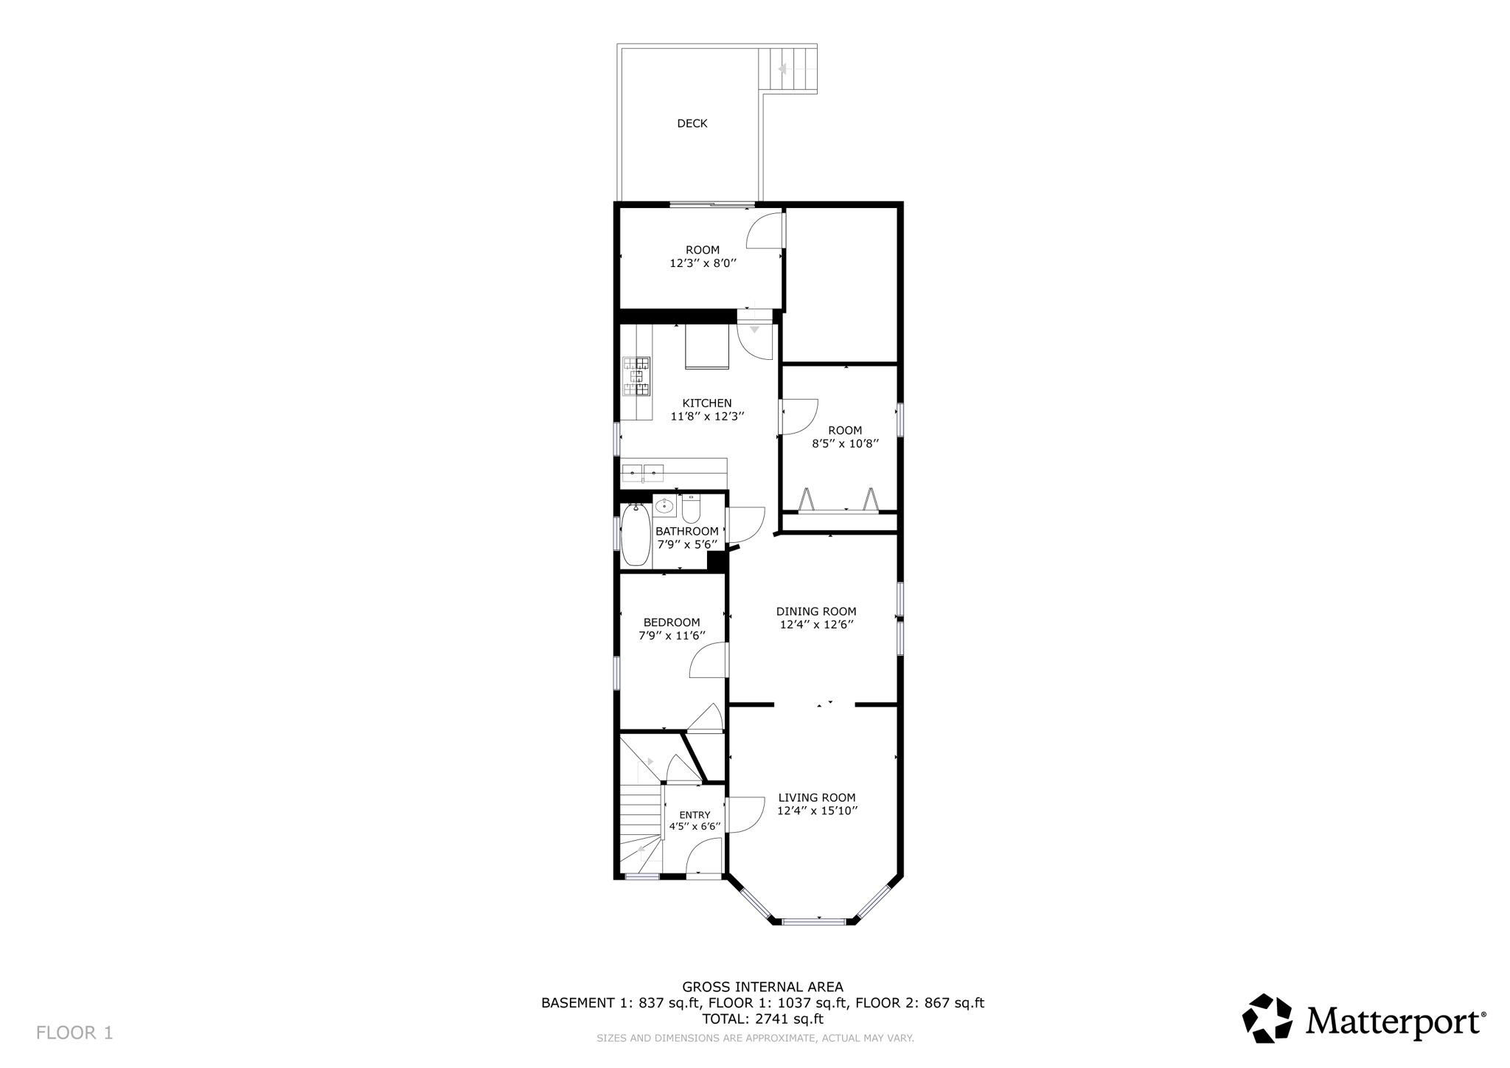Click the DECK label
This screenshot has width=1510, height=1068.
click(x=692, y=124)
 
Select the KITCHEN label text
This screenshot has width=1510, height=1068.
click(x=706, y=403)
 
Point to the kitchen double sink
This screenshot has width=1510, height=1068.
click(x=643, y=472)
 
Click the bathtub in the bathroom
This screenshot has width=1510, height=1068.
click(x=635, y=535)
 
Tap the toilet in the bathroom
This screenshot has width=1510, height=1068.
click(x=691, y=509)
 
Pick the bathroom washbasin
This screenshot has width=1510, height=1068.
click(x=664, y=506)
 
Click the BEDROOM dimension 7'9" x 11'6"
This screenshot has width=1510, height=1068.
click(x=671, y=636)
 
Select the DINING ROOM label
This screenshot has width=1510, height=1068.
click(x=815, y=611)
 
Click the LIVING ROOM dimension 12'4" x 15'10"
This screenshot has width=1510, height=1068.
click(x=817, y=811)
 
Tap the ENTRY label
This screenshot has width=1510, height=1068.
click(x=695, y=815)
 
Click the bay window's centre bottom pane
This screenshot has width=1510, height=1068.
click(x=814, y=921)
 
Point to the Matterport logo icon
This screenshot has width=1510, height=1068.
click(x=1267, y=1019)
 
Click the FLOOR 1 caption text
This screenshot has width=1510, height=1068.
click(x=74, y=1033)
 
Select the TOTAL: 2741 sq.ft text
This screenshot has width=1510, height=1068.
click(x=762, y=1019)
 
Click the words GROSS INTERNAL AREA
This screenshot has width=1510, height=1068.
click(x=762, y=987)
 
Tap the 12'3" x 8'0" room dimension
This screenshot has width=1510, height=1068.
click(x=703, y=263)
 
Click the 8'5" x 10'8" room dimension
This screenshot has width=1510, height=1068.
click(x=845, y=444)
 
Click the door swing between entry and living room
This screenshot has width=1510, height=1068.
click(x=745, y=815)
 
